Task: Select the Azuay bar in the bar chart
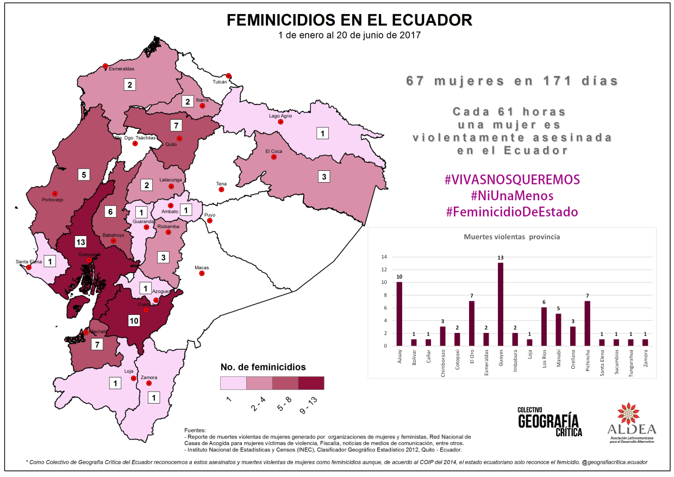pyautogui.click(x=400, y=314)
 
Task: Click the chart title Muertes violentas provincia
pyautogui.click(x=511, y=237)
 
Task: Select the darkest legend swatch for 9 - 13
pyautogui.click(x=311, y=383)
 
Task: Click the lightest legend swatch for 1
pyautogui.click(x=233, y=383)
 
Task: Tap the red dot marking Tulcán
pyautogui.click(x=229, y=76)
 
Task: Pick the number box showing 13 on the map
pyautogui.click(x=81, y=241)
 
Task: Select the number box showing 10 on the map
pyautogui.click(x=134, y=320)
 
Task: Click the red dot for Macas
pyautogui.click(x=202, y=274)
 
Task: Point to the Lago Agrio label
pyautogui.click(x=280, y=116)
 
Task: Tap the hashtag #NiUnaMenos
pyautogui.click(x=511, y=195)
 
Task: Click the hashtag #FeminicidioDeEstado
pyautogui.click(x=511, y=212)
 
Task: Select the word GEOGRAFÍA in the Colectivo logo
pyautogui.click(x=548, y=421)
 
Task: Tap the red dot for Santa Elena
pyautogui.click(x=29, y=267)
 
